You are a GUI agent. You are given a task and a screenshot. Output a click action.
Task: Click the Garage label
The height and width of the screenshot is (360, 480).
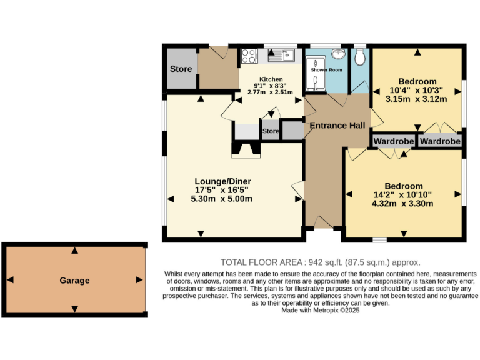click(74, 281)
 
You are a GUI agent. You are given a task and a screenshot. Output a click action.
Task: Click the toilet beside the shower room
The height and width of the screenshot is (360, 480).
click(359, 57)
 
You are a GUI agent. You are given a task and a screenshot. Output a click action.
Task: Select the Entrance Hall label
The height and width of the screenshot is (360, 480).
click(337, 126)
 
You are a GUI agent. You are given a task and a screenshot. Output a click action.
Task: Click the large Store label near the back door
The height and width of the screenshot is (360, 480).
click(181, 69)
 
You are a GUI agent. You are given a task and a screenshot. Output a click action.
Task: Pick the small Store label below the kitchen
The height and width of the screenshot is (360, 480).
click(270, 132)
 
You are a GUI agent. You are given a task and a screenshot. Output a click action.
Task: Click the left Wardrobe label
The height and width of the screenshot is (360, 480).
click(394, 142)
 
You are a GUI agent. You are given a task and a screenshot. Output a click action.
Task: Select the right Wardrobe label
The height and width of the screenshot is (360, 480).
click(440, 142)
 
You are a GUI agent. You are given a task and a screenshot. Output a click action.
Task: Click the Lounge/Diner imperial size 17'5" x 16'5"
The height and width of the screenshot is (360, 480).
click(222, 189)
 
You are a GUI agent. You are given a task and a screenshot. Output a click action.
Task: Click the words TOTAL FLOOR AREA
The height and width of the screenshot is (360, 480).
click(261, 262)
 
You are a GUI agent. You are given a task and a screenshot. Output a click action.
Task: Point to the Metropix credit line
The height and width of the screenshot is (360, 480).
click(321, 310)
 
